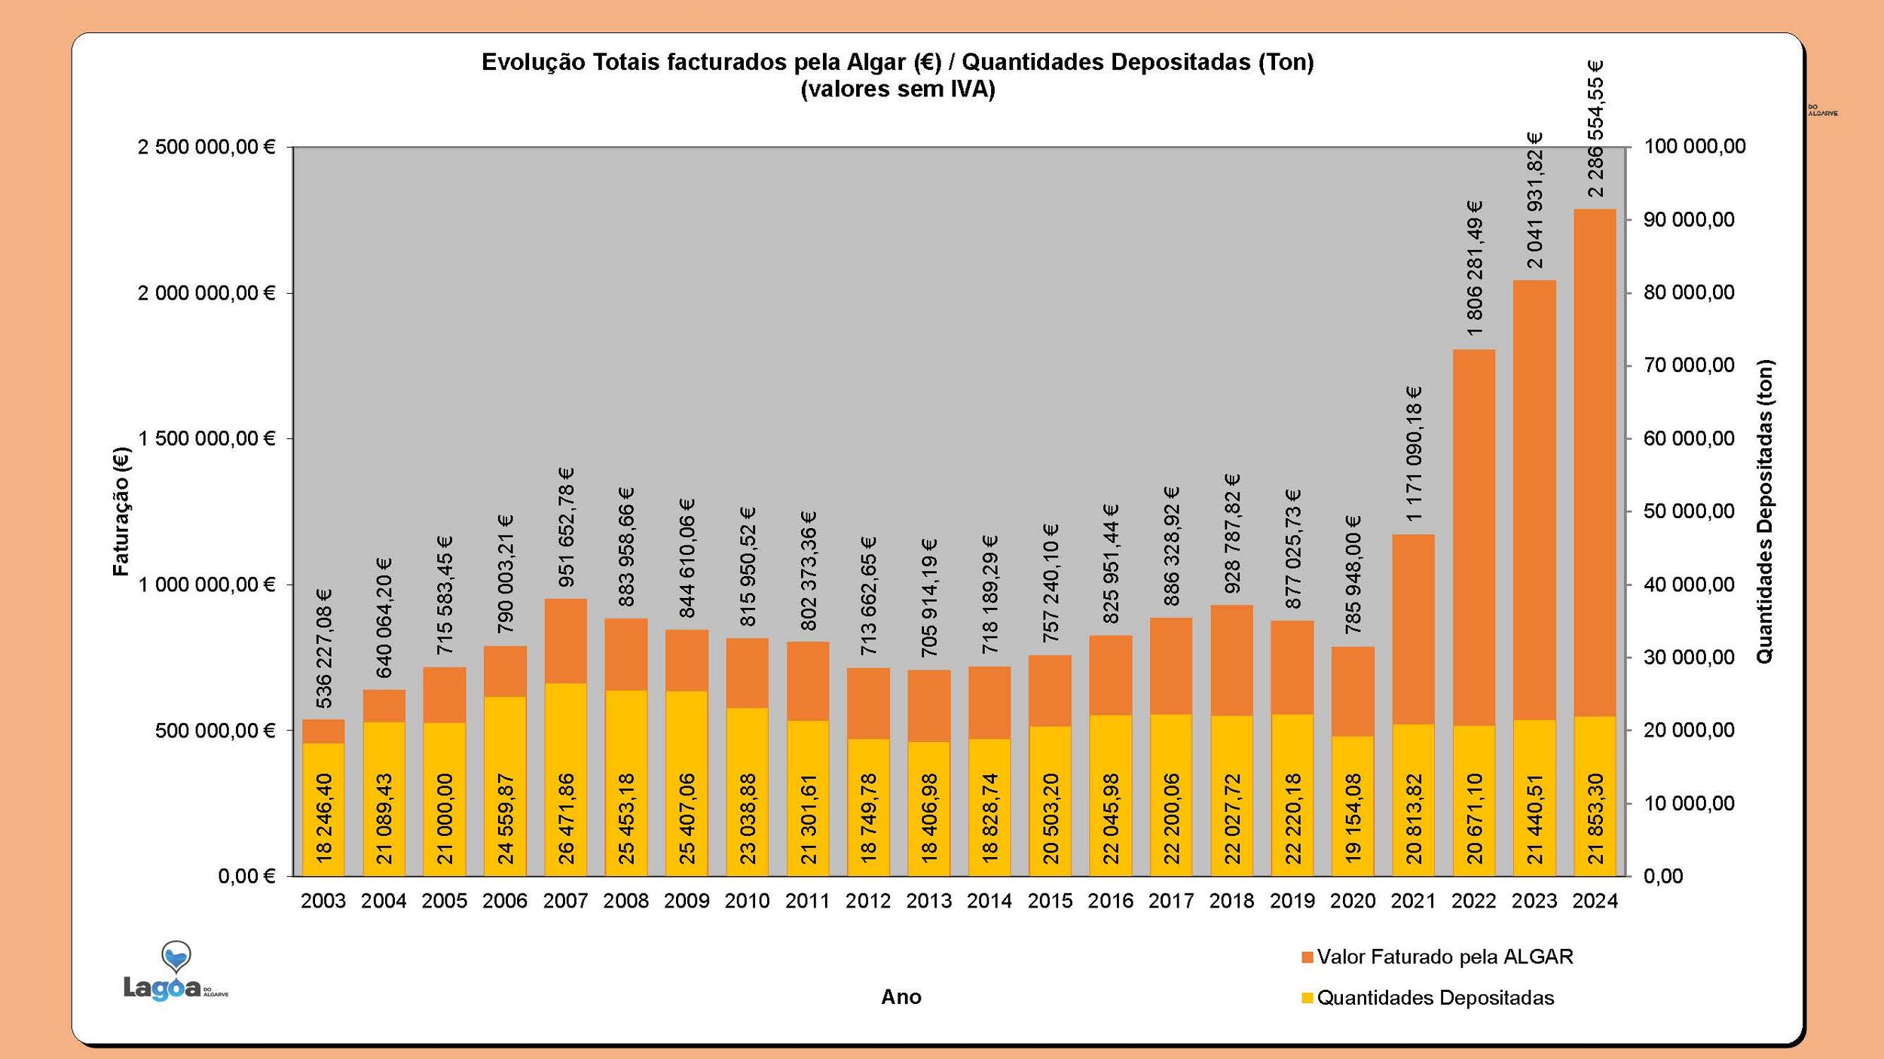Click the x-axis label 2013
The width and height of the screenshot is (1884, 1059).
click(x=928, y=901)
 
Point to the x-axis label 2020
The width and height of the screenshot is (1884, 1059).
click(x=1353, y=901)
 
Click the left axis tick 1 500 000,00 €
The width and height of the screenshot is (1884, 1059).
click(x=206, y=438)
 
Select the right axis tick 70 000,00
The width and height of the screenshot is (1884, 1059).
click(x=1689, y=365)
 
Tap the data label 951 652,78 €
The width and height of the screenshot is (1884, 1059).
click(x=567, y=526)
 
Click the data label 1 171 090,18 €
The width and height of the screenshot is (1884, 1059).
click(x=1414, y=453)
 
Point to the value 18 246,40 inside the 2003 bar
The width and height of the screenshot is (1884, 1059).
click(x=324, y=817)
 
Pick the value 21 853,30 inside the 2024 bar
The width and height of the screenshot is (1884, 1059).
click(x=1595, y=817)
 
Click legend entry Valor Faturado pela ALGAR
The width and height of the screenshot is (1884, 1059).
click(x=1445, y=957)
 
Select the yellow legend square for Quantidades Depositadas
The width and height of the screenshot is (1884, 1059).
click(x=1307, y=998)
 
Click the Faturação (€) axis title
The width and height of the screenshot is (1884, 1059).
click(x=121, y=511)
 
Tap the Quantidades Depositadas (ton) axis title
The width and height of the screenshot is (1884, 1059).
click(x=1765, y=511)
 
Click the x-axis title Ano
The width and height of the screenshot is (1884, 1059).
click(x=901, y=997)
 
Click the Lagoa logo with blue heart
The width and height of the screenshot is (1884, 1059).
click(x=175, y=972)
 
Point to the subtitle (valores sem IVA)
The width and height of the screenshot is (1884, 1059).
click(x=898, y=90)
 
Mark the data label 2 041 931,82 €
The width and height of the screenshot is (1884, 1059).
click(x=1535, y=200)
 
